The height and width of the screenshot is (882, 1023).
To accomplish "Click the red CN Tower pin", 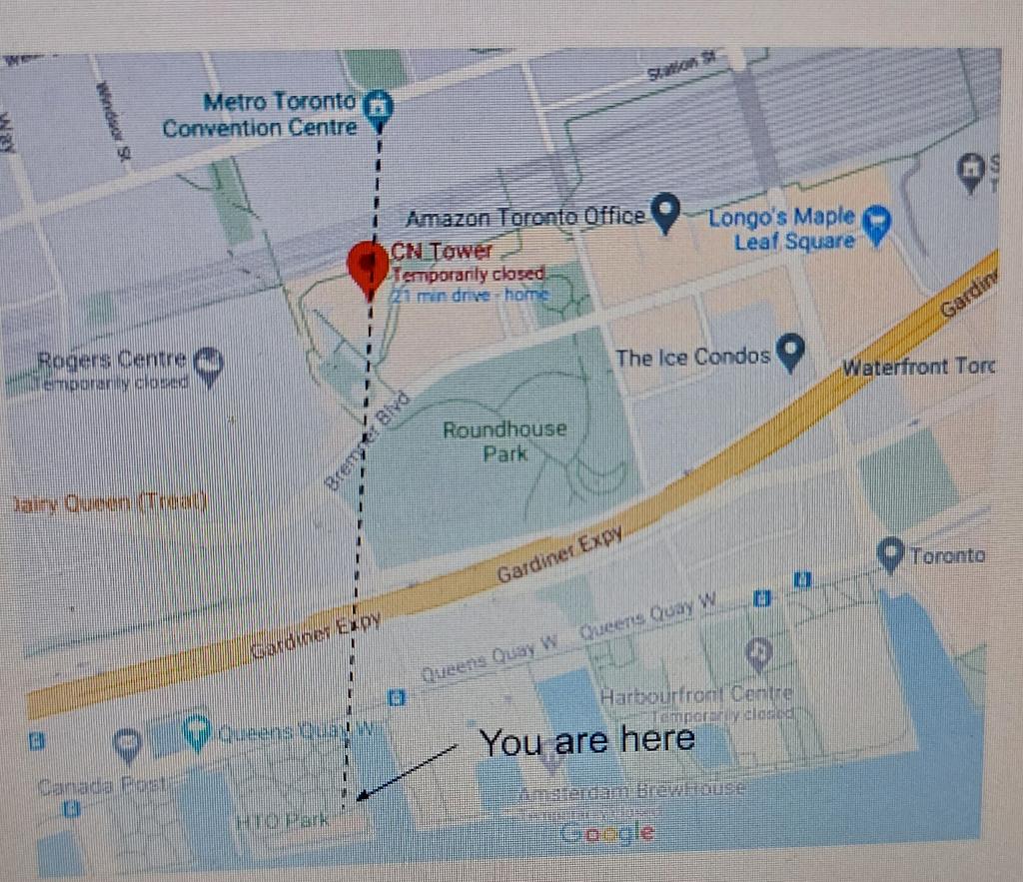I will pyautogui.click(x=368, y=266).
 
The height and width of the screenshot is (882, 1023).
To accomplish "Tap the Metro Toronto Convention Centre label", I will pyautogui.click(x=261, y=115).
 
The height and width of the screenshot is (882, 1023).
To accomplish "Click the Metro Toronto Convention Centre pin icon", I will pyautogui.click(x=379, y=108).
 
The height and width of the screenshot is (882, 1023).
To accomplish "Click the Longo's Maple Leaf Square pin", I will pyautogui.click(x=876, y=225).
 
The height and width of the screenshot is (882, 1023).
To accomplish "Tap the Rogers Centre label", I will pyautogui.click(x=112, y=360).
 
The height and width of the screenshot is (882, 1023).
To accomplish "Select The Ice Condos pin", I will pyautogui.click(x=791, y=352).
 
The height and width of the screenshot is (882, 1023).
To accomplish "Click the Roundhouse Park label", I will pyautogui.click(x=505, y=441).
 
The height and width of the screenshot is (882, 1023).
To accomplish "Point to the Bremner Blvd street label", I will pyautogui.click(x=357, y=451).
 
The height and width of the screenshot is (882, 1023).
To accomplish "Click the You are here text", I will pyautogui.click(x=586, y=741).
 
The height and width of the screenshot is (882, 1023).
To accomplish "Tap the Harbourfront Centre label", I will pyautogui.click(x=696, y=693).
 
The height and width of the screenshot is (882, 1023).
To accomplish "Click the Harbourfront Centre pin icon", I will pyautogui.click(x=759, y=654).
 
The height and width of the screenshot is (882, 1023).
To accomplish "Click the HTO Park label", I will pyautogui.click(x=283, y=821).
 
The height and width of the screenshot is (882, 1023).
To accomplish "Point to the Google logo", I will pyautogui.click(x=607, y=833).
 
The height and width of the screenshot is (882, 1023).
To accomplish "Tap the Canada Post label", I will pyautogui.click(x=99, y=786).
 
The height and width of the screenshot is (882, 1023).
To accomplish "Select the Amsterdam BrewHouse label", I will pyautogui.click(x=631, y=790).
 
